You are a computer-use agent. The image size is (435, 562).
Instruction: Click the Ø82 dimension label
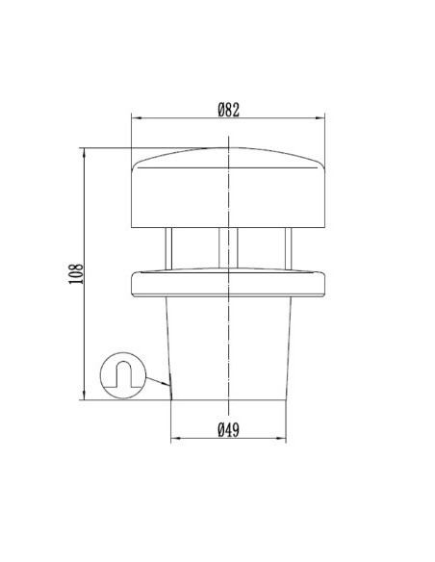point(228,110)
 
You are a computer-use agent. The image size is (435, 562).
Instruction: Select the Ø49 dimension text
point(228,430)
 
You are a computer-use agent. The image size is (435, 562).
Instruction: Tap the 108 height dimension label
point(77,274)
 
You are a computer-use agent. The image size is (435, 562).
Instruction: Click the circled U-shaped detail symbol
point(122,374)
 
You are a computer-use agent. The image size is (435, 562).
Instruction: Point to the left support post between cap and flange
point(168,248)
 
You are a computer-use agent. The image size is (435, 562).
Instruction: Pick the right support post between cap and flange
point(287,248)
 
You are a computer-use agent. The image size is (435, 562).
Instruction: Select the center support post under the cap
point(228,248)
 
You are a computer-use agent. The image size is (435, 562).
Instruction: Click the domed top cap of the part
point(228,188)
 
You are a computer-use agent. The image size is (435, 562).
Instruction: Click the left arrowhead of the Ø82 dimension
point(135,119)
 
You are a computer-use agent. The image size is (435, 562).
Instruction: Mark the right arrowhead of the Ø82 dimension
point(321,119)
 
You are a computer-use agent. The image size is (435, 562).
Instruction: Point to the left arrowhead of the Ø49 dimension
point(175,440)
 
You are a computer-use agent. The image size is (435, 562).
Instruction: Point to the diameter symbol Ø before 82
point(220,110)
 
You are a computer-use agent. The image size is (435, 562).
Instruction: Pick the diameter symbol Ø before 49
point(220,430)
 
